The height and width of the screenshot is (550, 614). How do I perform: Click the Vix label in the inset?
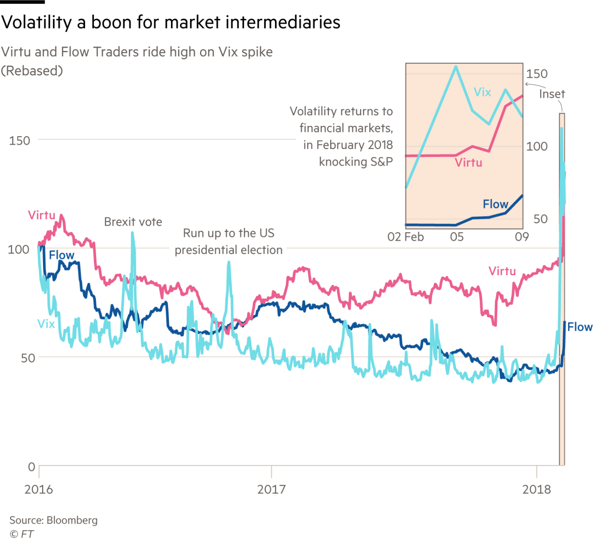pyautogui.click(x=482, y=92)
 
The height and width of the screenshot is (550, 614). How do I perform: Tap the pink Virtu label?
pyautogui.click(x=468, y=163)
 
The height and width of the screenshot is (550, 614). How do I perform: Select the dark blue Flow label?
pyautogui.click(x=495, y=204)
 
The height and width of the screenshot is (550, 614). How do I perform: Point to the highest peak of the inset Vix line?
pyautogui.click(x=456, y=67)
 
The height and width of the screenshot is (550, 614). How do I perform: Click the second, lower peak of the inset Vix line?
pyautogui.click(x=506, y=89)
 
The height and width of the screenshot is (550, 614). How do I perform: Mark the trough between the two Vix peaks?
pyautogui.click(x=489, y=124)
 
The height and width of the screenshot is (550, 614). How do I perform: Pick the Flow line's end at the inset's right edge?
pyautogui.click(x=522, y=196)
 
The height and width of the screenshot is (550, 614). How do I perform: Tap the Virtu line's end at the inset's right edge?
pyautogui.click(x=522, y=96)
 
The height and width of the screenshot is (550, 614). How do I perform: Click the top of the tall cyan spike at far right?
pyautogui.click(x=562, y=128)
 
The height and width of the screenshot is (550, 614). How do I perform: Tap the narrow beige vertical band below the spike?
pyautogui.click(x=562, y=416)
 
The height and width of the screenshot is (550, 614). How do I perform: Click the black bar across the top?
pyautogui.click(x=307, y=22)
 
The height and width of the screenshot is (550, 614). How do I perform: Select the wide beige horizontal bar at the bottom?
pyautogui.click(x=307, y=475)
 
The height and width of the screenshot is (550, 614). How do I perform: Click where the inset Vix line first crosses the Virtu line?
pyautogui.click(x=421, y=156)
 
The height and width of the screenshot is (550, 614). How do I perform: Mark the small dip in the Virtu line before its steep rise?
pyautogui.click(x=489, y=151)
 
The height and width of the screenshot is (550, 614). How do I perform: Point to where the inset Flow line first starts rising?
pyautogui.click(x=456, y=225)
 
